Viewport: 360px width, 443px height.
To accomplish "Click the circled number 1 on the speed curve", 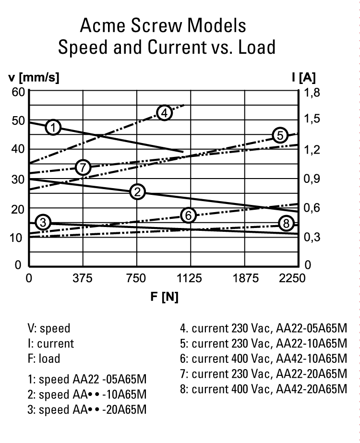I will (x=54, y=127).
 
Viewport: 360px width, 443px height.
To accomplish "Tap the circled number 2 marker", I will (x=137, y=192).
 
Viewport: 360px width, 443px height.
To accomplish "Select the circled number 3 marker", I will (x=43, y=222).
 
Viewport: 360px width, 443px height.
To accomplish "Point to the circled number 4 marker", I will (x=164, y=113).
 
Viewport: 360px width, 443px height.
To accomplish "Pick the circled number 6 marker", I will (x=189, y=216).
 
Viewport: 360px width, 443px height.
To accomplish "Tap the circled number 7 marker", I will (x=84, y=168).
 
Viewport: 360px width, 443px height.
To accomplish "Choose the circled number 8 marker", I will (x=286, y=224).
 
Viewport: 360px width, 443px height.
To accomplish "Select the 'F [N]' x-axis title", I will (x=164, y=297).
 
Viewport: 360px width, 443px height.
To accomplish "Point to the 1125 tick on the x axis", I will (x=191, y=278).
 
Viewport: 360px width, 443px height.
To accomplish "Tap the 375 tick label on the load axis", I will (x=83, y=278).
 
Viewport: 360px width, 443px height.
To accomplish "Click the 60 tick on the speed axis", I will (x=18, y=92).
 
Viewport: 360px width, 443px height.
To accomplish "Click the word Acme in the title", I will (x=105, y=25).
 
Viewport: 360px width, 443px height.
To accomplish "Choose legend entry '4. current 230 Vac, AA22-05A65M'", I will (x=263, y=329).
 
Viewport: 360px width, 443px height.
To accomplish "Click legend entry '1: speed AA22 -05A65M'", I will (x=87, y=380).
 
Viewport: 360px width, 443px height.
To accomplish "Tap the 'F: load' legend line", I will (x=44, y=359).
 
